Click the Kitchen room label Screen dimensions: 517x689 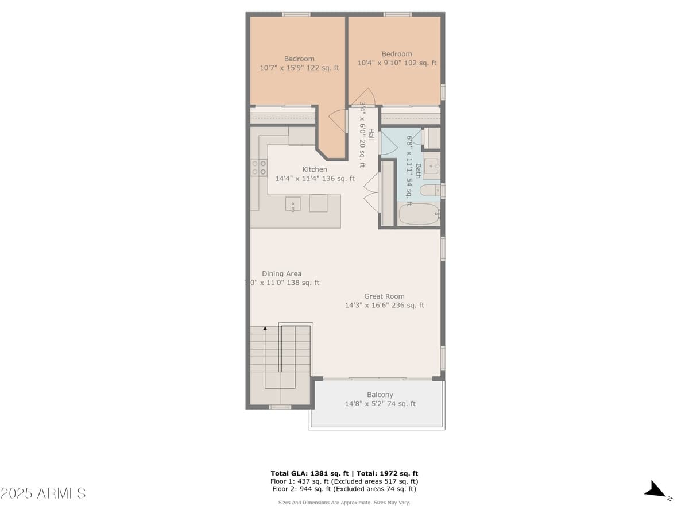coord(315,169)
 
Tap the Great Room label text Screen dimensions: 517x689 coord(384,296)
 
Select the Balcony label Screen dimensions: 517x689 coord(380,395)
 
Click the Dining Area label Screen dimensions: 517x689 coord(281,274)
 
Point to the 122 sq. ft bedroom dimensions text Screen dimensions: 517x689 coord(299,68)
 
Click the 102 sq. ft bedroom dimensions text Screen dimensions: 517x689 coord(397,63)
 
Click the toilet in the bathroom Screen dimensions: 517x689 coord(429,190)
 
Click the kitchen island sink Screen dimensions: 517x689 coord(293,203)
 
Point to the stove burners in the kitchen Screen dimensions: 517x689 coord(259,167)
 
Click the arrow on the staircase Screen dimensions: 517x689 coord(265,329)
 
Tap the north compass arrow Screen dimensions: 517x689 coord(656,490)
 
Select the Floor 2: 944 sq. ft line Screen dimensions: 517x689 coord(344,489)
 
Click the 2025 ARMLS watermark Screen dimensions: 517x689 coord(43,493)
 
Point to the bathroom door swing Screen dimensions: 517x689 coord(388,144)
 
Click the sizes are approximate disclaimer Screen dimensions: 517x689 coord(344,503)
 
